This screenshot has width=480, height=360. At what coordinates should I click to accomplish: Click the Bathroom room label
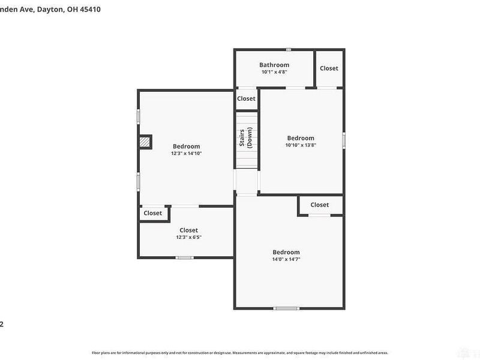[274, 65]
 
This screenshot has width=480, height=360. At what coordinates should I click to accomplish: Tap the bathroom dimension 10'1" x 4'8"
[274, 72]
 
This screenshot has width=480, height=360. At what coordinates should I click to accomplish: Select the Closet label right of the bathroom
[329, 68]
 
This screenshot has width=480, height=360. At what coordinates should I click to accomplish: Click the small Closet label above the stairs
[246, 98]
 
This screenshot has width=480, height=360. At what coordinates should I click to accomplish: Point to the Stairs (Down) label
[246, 139]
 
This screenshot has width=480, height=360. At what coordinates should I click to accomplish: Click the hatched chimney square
[145, 142]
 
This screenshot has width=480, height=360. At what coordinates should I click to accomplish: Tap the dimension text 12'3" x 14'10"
[186, 154]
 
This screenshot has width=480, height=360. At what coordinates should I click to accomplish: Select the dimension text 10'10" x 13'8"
[301, 145]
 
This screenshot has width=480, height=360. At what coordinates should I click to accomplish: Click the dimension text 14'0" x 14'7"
[286, 259]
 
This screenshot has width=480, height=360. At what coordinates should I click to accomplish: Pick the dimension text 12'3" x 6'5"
[188, 237]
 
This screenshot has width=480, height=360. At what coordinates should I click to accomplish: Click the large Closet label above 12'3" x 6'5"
[188, 230]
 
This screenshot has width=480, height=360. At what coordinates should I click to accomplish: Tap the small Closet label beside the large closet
[152, 213]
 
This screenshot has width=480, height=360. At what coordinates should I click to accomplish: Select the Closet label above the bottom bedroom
[320, 205]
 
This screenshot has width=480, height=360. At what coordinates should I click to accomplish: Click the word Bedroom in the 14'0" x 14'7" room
[286, 252]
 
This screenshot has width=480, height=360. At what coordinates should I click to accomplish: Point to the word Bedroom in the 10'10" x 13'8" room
[301, 138]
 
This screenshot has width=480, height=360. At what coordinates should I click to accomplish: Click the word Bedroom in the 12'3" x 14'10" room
[186, 146]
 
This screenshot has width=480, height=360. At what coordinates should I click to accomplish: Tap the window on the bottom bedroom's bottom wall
[286, 308]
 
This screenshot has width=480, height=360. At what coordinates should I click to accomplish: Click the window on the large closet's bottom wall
[185, 258]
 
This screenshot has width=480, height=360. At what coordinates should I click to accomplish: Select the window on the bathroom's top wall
[289, 49]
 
